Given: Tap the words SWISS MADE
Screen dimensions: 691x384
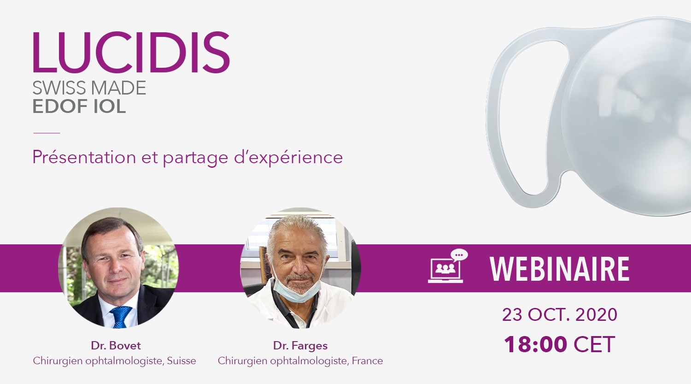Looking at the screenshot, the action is point(89,88).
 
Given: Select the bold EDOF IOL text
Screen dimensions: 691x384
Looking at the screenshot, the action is point(79,106).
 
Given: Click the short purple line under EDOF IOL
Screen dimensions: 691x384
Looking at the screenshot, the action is point(47,133).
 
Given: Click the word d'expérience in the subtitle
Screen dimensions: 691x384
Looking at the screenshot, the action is point(288,158).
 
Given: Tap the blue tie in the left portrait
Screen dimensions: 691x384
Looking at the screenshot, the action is point(121,316).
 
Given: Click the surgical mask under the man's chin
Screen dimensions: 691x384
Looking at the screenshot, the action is point(297,289).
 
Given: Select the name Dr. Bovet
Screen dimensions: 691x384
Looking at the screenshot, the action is point(116,345).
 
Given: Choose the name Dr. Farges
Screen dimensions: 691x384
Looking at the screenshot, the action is point(300,345).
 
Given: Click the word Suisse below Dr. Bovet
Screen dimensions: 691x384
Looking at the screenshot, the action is point(182,360).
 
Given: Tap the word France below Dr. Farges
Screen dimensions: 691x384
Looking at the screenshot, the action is point(367,360).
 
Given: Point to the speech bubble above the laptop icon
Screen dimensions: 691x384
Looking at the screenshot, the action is point(459,255).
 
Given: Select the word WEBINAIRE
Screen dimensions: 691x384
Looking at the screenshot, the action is point(559,269).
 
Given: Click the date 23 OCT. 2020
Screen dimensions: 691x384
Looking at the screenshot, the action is point(560,314).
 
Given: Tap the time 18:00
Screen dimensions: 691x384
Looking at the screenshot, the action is point(535,344).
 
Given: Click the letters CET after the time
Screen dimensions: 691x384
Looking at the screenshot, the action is point(594,344).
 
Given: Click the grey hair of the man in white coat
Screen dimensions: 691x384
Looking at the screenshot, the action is point(297,225).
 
